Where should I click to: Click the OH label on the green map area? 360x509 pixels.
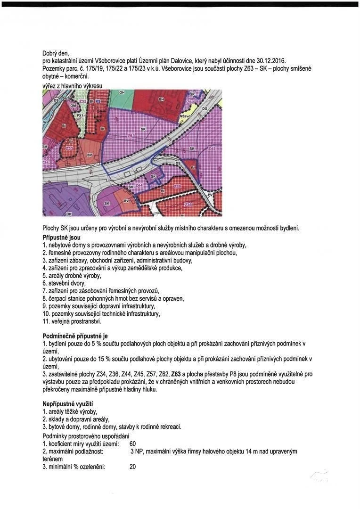121,92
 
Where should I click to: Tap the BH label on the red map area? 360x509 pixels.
161,99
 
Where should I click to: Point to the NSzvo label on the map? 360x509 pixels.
186,115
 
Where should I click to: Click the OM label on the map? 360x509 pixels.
73,106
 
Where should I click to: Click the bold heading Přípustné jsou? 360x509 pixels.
61,237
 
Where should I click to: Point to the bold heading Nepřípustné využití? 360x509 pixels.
67,404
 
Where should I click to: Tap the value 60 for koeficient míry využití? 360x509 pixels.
132,443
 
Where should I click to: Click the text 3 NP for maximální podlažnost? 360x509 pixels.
136,452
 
